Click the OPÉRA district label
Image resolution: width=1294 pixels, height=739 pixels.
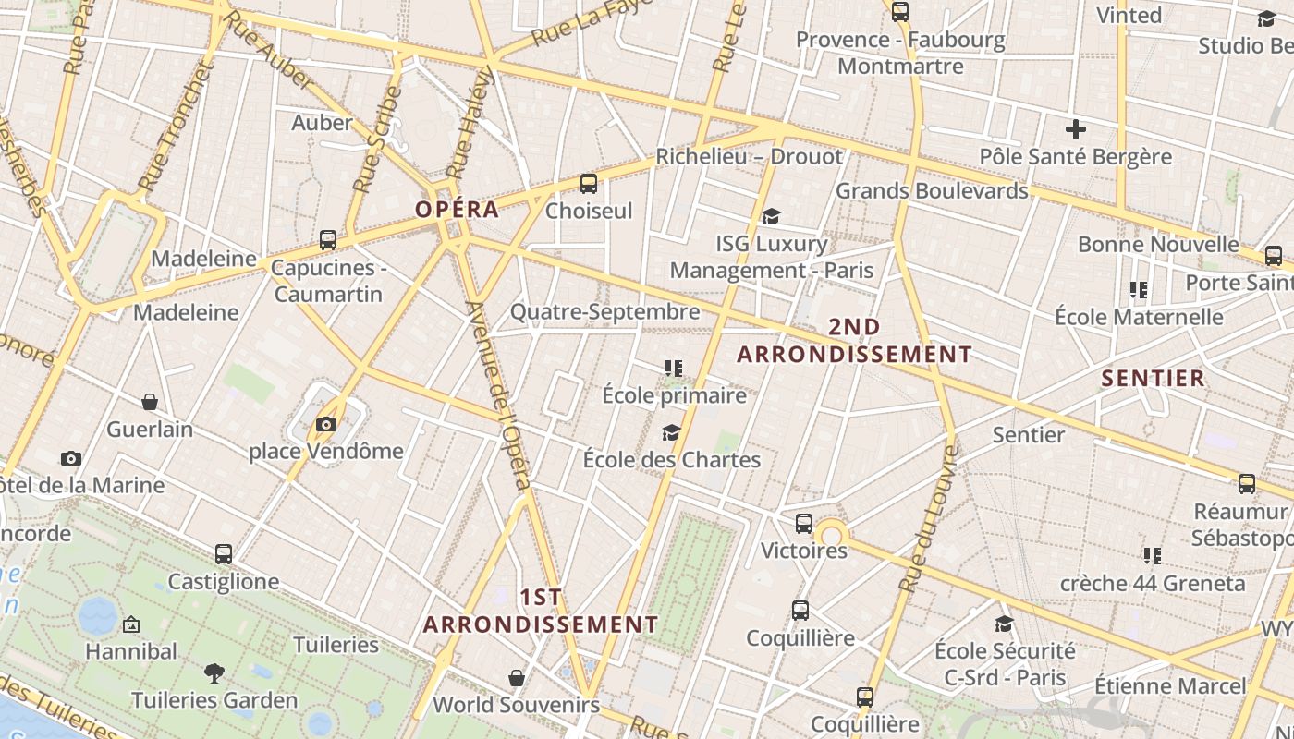(457, 210)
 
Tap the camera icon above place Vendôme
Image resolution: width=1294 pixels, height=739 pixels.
(325, 424)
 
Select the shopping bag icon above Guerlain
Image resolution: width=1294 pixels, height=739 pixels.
(150, 402)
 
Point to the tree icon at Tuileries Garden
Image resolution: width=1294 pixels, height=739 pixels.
(214, 672)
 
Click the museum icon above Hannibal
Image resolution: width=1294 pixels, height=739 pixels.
(130, 624)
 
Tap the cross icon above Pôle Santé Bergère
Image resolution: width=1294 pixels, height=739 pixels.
(1075, 129)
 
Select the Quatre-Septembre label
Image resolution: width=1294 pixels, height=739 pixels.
(604, 312)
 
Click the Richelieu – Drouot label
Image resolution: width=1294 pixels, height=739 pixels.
(749, 157)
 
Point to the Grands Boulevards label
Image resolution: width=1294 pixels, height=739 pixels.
(932, 191)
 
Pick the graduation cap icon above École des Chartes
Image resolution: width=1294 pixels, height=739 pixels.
(671, 432)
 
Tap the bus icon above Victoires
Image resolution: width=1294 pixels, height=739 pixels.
(804, 524)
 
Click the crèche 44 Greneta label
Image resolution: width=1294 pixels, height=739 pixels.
(1153, 584)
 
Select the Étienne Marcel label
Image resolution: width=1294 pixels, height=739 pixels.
(1170, 686)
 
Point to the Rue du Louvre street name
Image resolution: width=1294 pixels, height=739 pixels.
(926, 517)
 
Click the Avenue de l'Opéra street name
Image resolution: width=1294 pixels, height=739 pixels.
(500, 394)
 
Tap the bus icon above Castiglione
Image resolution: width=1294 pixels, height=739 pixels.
(223, 554)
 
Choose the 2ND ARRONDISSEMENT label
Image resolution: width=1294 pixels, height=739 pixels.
(854, 341)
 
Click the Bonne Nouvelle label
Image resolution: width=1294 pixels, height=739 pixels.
(1158, 245)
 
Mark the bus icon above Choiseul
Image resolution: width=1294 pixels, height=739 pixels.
(588, 184)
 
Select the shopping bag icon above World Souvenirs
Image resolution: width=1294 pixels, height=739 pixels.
(517, 679)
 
